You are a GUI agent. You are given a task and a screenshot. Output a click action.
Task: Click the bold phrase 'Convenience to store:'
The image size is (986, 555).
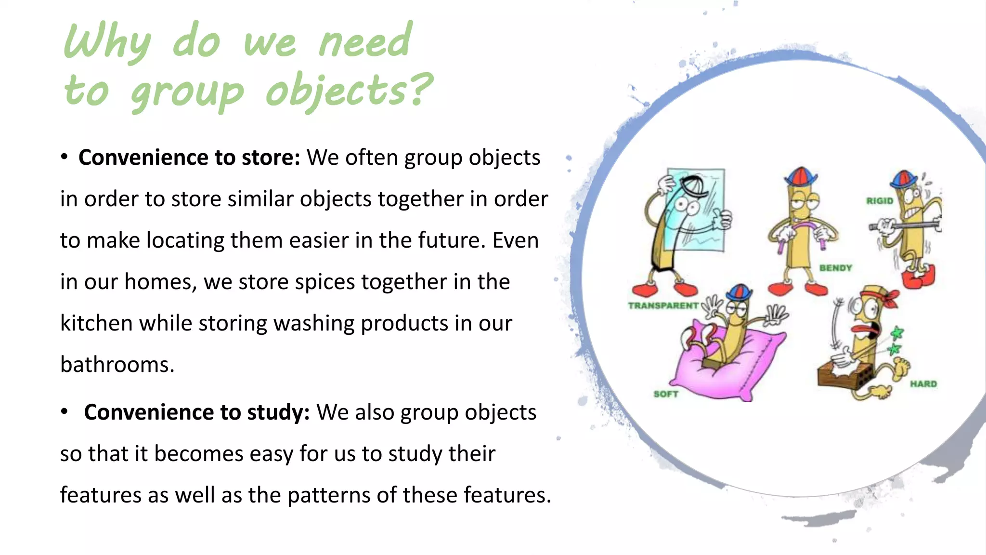(189, 158)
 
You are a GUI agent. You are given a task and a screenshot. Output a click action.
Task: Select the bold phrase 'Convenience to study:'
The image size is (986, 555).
(196, 412)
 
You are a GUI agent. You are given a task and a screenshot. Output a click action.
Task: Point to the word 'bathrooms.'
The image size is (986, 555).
(117, 365)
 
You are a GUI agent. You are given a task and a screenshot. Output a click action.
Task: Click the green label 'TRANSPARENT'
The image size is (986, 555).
(663, 305)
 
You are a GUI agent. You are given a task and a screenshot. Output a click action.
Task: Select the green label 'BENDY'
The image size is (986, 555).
(836, 268)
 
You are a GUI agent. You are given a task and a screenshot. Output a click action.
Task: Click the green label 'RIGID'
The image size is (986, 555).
(880, 201)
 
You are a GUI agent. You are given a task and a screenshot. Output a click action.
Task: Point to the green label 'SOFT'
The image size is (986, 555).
(666, 394)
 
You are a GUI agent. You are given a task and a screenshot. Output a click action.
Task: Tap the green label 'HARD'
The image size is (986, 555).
(923, 384)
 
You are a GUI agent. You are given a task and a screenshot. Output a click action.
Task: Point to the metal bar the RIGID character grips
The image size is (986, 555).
(905, 225)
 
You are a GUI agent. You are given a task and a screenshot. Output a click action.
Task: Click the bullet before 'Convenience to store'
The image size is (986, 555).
(64, 157)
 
